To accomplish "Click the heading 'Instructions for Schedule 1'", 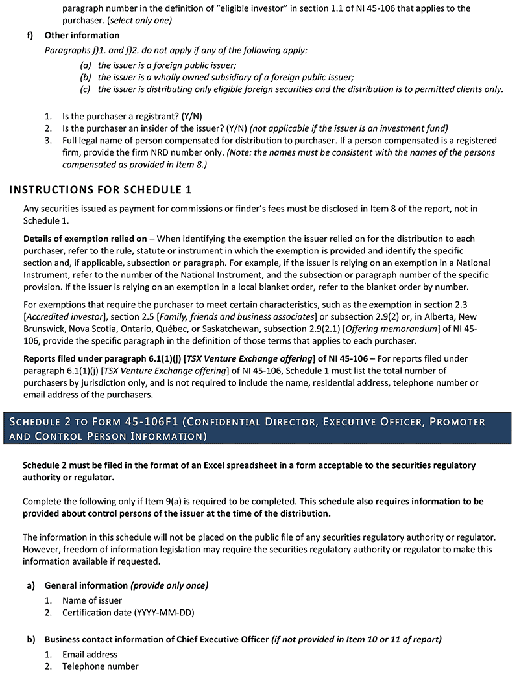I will [101, 190].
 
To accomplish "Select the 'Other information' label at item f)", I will [82, 35].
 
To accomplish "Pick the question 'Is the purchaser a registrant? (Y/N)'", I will [132, 117].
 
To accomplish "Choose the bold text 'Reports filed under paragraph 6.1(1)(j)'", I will [104, 358].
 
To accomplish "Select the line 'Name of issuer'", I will [92, 600].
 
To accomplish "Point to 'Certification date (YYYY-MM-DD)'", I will [128, 612].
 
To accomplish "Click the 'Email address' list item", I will [90, 654].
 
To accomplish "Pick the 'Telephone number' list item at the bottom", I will [100, 666].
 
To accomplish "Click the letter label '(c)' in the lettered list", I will [86, 89].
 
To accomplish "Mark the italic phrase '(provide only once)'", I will [169, 585].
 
